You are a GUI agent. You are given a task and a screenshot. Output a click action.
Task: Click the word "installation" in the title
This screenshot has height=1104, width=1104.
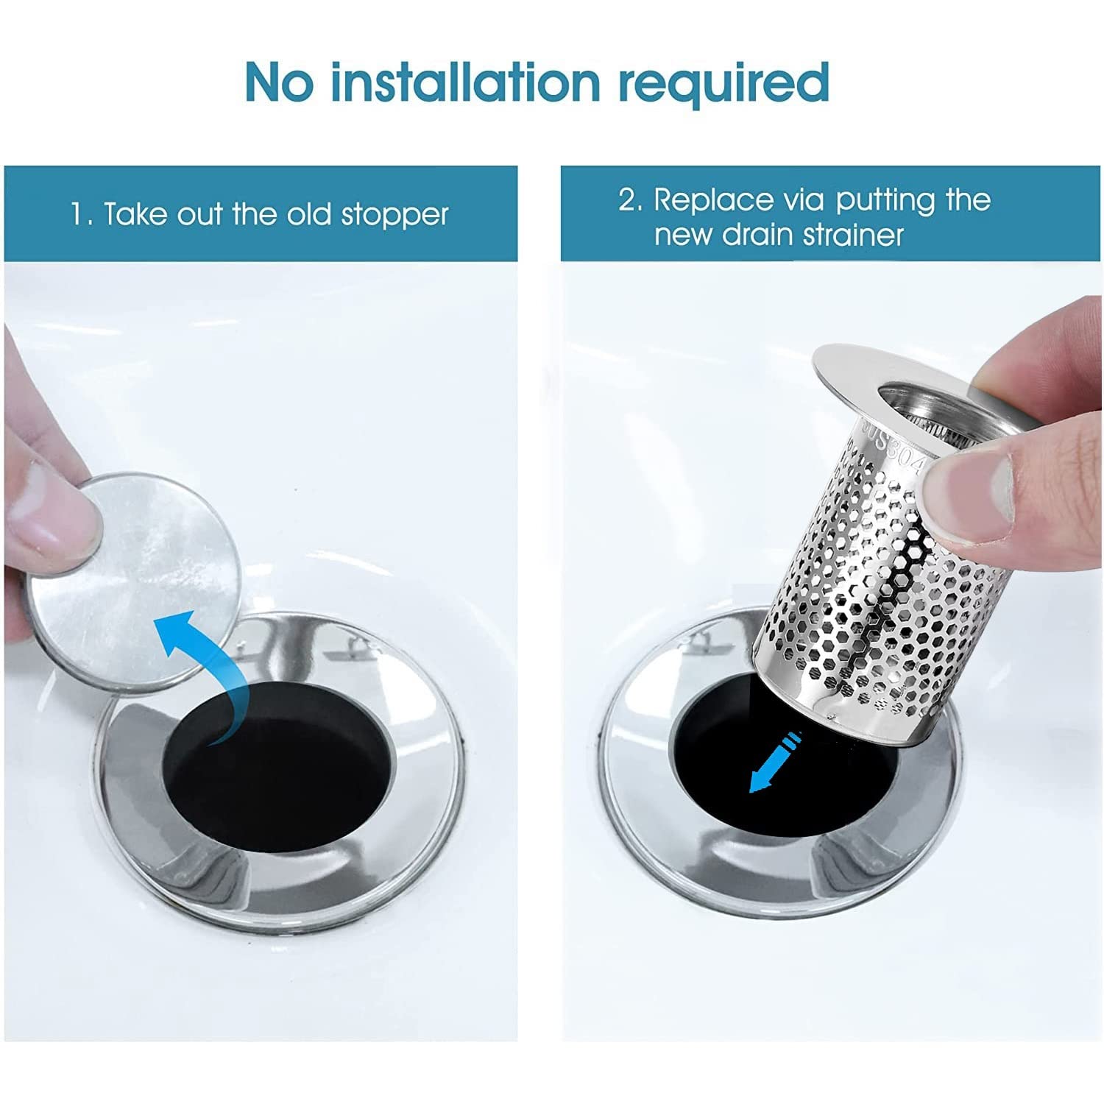[x=465, y=82]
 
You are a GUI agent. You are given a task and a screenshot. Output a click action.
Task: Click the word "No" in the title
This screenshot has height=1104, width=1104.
[x=280, y=82]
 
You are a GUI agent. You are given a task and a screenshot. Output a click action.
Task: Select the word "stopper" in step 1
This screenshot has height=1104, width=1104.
[x=394, y=216]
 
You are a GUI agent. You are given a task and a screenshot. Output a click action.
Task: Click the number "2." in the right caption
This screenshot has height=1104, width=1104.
[x=630, y=200]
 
